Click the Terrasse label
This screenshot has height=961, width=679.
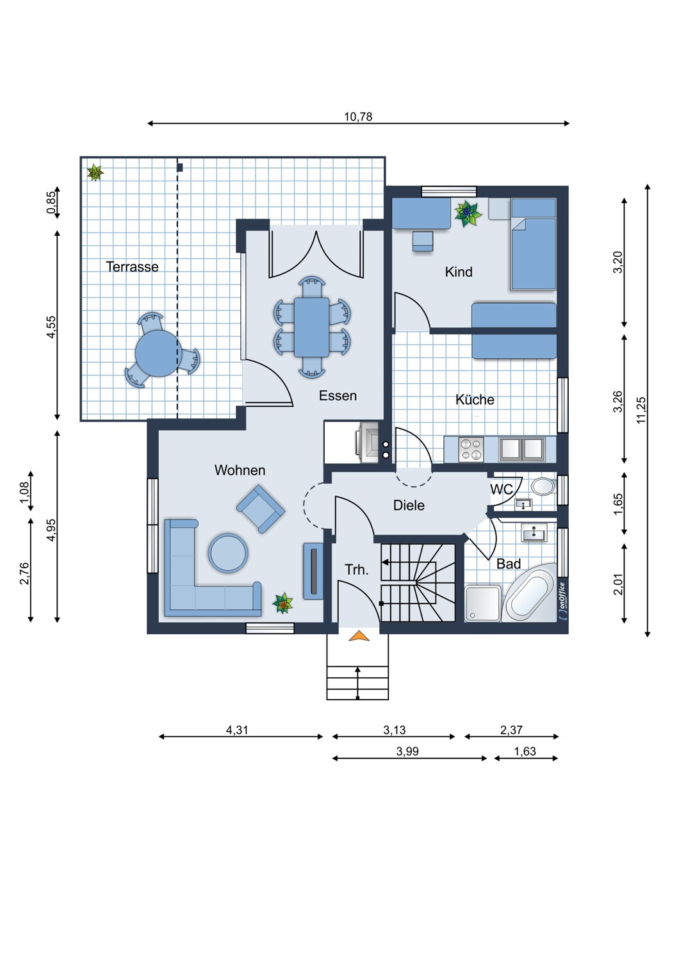click(132, 267)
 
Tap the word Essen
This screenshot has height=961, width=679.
click(338, 395)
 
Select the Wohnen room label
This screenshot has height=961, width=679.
click(240, 470)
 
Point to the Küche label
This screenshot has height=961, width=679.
click(475, 399)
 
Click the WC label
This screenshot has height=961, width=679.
click(502, 489)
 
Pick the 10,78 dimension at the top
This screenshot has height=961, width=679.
click(357, 116)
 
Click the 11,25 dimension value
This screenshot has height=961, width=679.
click(641, 411)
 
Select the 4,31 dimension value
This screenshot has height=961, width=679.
click(237, 730)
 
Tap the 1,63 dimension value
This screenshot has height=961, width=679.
click(525, 752)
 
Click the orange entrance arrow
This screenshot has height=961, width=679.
click(359, 636)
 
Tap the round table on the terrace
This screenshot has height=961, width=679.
click(156, 354)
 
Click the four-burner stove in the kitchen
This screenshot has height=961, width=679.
click(471, 450)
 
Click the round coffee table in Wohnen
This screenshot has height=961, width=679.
click(228, 552)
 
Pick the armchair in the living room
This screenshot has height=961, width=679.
click(261, 509)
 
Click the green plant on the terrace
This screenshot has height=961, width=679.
click(95, 173)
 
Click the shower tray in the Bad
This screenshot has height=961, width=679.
click(483, 604)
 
